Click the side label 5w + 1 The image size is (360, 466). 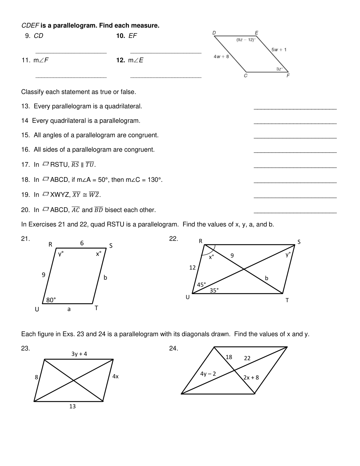(x=279, y=50)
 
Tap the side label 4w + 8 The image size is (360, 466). (x=221, y=56)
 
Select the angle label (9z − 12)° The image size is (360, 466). (x=246, y=40)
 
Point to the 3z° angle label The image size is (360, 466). (x=279, y=69)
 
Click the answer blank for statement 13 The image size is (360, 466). (x=295, y=109)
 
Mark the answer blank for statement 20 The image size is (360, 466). (x=295, y=212)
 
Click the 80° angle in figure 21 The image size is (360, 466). (x=51, y=300)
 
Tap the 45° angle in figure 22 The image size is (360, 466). (x=202, y=285)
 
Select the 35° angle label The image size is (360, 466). (x=214, y=290)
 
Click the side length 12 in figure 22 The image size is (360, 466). (x=192, y=268)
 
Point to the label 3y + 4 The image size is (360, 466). (x=79, y=354)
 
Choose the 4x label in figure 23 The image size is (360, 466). (x=115, y=376)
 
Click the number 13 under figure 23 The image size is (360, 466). (x=72, y=406)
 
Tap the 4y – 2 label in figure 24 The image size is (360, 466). (x=208, y=374)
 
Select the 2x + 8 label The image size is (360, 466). (x=251, y=377)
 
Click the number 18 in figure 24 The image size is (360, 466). (x=229, y=357)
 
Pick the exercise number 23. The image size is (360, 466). (x=25, y=348)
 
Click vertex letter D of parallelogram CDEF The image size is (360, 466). (x=214, y=33)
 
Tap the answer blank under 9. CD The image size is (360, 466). (x=71, y=53)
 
